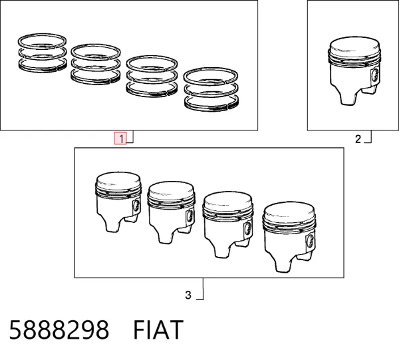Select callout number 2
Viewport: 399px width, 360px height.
pos(358,139)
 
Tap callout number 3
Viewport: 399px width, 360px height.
pos(188,295)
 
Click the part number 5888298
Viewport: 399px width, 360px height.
pos(59,330)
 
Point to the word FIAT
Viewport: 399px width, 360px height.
pos(158,330)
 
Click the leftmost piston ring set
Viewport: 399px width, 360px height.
pos(43,53)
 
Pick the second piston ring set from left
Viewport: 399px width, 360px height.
pos(95,64)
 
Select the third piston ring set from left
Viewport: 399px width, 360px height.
pos(152,76)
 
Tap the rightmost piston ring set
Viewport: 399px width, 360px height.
pos(211,90)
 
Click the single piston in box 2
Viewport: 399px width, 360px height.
pos(354,71)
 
